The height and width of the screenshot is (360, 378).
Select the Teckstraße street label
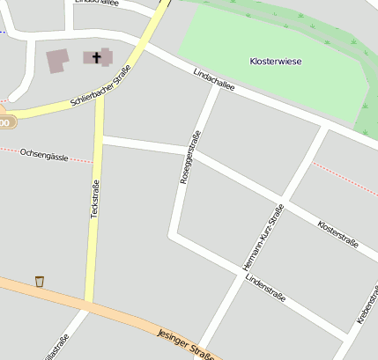tap(94, 200)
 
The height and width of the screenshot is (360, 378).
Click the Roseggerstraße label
tap(189, 156)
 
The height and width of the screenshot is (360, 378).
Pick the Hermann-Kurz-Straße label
tap(263, 235)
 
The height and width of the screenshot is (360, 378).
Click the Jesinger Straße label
tap(186, 344)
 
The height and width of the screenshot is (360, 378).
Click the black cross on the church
tap(96, 57)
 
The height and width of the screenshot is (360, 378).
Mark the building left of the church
tap(57, 61)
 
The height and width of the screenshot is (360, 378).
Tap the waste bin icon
tap(40, 281)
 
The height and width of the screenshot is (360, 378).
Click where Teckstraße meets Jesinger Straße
tap(89, 306)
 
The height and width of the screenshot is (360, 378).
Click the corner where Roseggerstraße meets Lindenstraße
tap(173, 234)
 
